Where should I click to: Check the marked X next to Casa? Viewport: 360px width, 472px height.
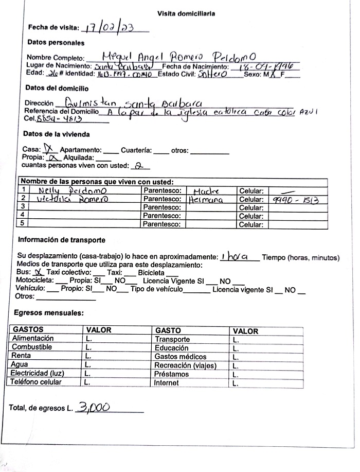(x=50, y=149)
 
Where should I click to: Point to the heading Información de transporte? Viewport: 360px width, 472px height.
(x=62, y=240)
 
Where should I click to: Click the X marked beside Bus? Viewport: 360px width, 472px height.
(x=37, y=272)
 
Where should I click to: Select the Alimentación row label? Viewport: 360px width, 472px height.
(x=33, y=339)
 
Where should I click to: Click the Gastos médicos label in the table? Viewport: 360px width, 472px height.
(x=181, y=357)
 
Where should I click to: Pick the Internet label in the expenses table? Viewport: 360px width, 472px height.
(x=167, y=382)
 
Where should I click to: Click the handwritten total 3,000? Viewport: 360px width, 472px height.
(x=93, y=407)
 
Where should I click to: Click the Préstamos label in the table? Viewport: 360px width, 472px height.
(x=172, y=374)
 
